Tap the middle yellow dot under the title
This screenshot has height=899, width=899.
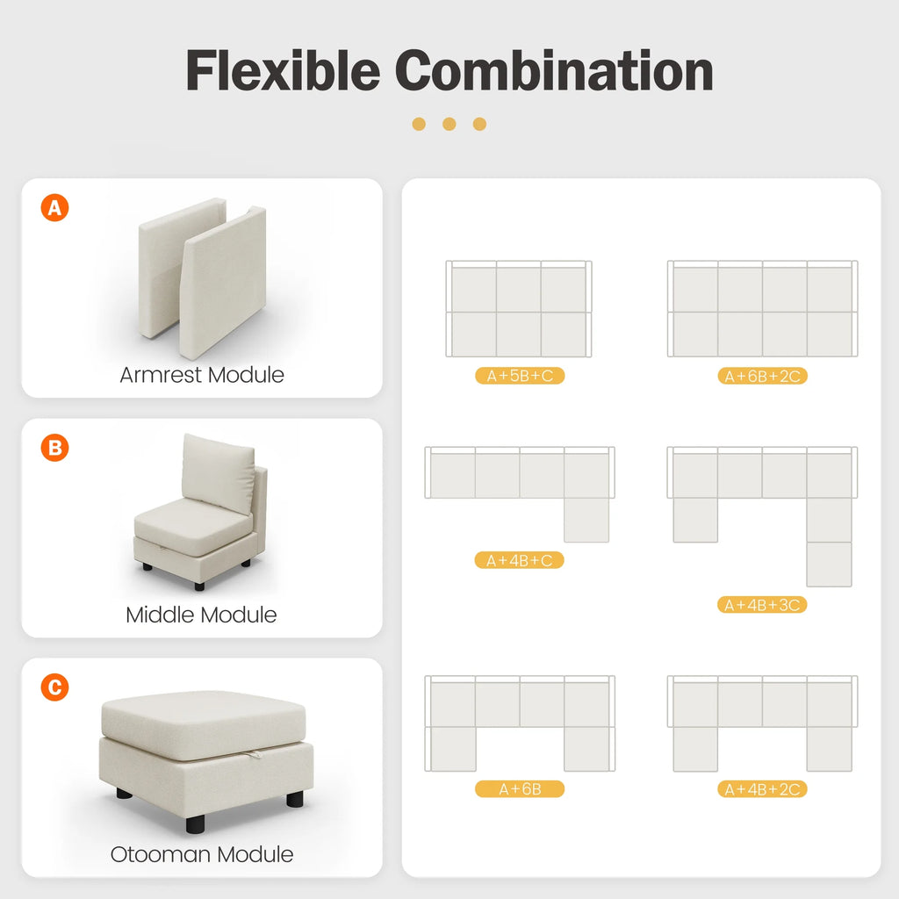pos(449,124)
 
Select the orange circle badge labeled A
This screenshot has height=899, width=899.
pos(54,208)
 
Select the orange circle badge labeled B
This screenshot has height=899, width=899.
pos(54,448)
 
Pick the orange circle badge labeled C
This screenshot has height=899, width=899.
pos(54,687)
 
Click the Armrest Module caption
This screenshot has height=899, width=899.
pos(202,375)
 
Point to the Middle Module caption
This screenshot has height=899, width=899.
pos(201,615)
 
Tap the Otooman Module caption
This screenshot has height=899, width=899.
pos(202,854)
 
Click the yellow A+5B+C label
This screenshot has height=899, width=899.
pos(519,376)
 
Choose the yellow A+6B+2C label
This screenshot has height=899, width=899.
pos(762,376)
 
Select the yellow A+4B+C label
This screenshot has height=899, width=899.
pos(519,560)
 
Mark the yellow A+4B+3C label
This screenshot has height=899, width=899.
pos(762,605)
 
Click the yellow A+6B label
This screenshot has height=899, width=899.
pos(519,789)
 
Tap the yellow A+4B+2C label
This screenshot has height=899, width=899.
pos(762,789)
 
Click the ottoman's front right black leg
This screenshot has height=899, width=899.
pos(294,799)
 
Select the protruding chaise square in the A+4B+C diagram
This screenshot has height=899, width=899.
pos(586,520)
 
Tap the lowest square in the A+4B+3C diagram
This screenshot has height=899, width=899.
pos(829,564)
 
